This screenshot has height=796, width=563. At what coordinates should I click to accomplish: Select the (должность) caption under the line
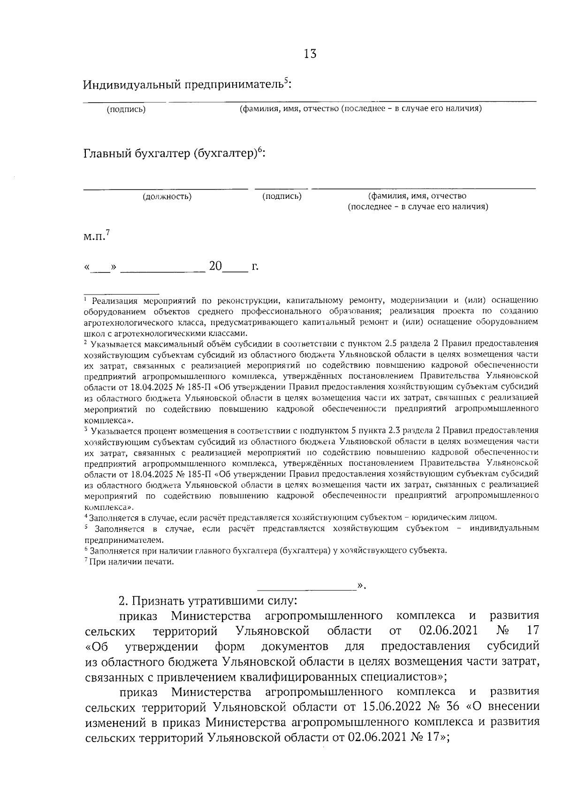click(x=167, y=197)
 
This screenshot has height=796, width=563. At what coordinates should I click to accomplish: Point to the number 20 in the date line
click(x=215, y=266)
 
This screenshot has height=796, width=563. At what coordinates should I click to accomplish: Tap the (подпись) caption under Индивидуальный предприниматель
click(x=126, y=110)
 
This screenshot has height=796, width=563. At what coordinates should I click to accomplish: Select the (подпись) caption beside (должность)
click(x=281, y=196)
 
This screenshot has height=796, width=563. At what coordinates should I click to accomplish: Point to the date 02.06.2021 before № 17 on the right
click(x=448, y=629)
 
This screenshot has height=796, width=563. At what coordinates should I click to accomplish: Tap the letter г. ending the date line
click(x=255, y=267)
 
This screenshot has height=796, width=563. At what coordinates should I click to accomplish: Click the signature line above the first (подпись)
click(x=124, y=101)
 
